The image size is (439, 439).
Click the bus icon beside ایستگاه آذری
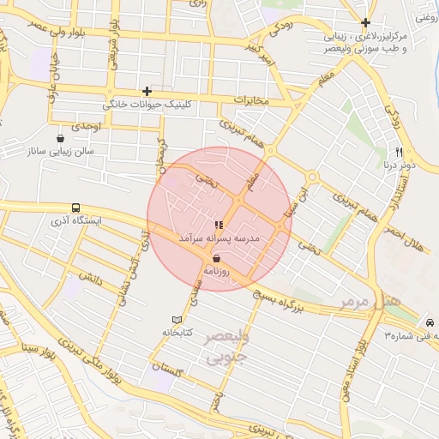tap(76, 207)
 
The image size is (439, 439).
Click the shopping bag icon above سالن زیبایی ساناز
tap(60, 138)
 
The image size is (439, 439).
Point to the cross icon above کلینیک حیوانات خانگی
tap(147, 91)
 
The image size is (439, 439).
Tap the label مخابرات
tap(251, 102)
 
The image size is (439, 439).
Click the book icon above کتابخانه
tap(177, 319)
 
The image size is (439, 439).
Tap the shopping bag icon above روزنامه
tap(215, 257)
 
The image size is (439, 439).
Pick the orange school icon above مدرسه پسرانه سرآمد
tap(219, 225)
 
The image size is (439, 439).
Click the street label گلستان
tap(168, 367)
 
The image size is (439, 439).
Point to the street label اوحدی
tap(87, 126)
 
